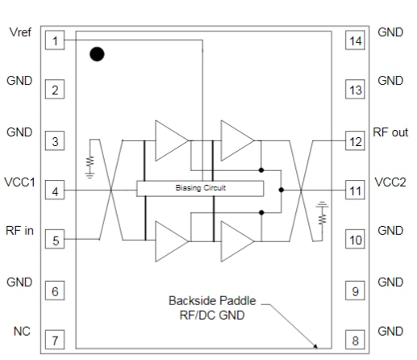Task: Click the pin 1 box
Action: click(54, 40)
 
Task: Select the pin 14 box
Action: click(356, 40)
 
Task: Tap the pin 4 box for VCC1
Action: click(54, 191)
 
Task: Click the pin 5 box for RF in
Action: click(54, 240)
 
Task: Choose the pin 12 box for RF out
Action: click(356, 141)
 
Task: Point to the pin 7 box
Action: click(54, 340)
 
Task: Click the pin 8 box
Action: click(356, 340)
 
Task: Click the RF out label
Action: click(391, 132)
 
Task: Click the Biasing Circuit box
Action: click(200, 188)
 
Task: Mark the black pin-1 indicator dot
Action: click(97, 54)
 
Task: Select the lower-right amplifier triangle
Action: click(236, 240)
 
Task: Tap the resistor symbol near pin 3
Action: click(90, 161)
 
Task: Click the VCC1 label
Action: click(20, 182)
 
